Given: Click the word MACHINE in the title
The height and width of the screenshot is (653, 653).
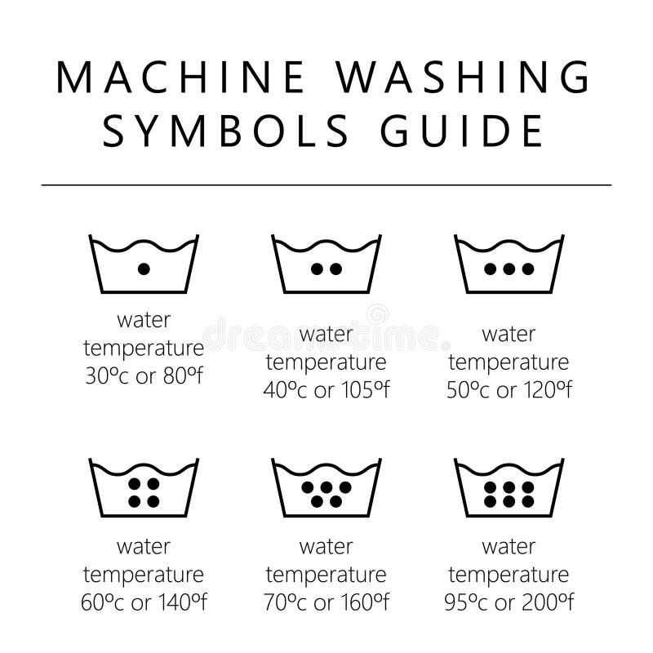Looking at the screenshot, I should click(178, 78).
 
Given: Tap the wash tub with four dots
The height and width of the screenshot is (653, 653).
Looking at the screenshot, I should click(144, 489).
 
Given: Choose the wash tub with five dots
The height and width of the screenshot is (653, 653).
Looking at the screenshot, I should click(326, 489).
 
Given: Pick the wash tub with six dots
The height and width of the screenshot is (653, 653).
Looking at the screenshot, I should click(509, 489).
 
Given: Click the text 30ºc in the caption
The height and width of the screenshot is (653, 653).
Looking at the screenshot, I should click(105, 376).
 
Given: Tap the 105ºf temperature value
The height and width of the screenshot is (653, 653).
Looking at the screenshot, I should click(363, 390).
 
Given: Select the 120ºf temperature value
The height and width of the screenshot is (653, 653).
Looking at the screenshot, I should click(546, 390).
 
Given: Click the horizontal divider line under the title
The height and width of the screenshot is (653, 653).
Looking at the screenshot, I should click(326, 185).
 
